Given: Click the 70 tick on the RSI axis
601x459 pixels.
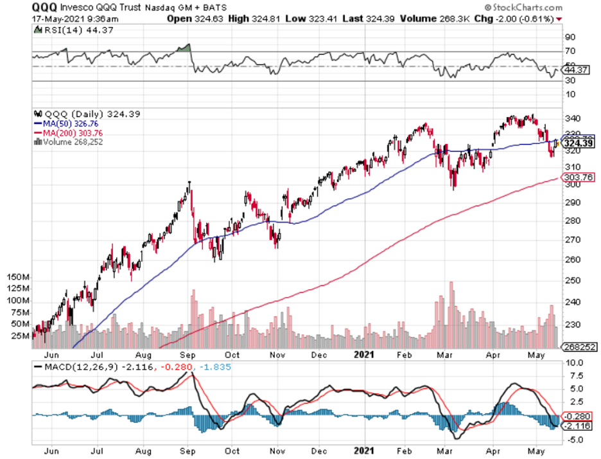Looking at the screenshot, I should [x=569, y=51].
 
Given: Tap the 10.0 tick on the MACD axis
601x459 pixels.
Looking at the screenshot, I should [x=572, y=363].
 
